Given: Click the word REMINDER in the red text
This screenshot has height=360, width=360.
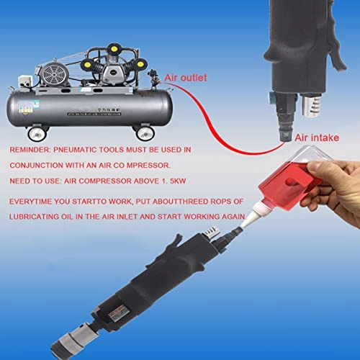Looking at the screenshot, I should [x=32, y=150].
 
